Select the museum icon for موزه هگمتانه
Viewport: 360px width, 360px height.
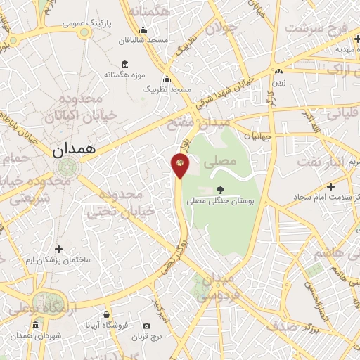(x=124, y=64)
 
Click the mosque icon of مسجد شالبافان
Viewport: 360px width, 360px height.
(x=143, y=30)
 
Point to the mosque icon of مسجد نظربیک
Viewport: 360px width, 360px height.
(x=167, y=79)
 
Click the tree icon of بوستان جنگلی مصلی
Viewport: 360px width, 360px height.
(x=221, y=189)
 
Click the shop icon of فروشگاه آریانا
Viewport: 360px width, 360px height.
(x=106, y=314)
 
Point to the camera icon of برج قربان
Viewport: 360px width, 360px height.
(x=146, y=326)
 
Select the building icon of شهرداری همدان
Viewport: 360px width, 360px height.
(x=36, y=324)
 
